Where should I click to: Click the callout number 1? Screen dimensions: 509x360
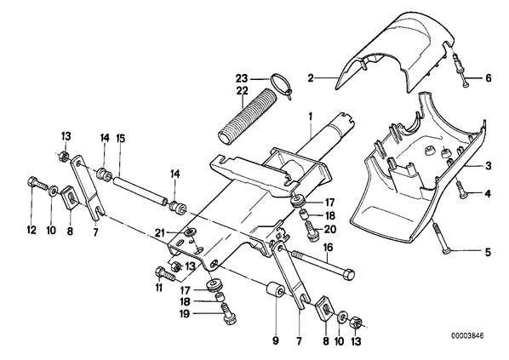(311, 117)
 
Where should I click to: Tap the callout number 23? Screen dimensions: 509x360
(242, 78)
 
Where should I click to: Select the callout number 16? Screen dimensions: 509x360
(328, 248)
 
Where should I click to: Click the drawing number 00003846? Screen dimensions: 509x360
(467, 335)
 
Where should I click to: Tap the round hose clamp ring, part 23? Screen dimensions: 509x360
(280, 85)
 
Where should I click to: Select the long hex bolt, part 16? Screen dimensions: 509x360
(323, 264)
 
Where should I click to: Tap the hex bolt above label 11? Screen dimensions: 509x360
(166, 275)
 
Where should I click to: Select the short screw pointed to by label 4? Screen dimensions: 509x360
(460, 189)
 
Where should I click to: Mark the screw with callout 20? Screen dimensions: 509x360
(312, 230)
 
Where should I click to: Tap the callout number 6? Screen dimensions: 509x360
(488, 78)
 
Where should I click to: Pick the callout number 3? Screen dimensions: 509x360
(489, 166)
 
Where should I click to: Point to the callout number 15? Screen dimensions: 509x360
(120, 138)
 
